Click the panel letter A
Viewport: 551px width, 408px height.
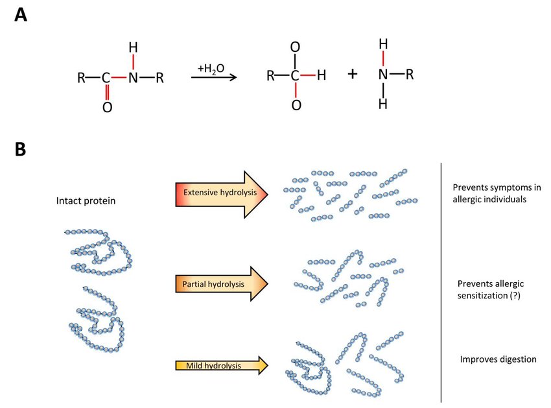[x=21, y=15]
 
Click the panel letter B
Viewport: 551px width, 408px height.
[x=20, y=149]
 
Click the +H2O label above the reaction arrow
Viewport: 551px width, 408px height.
[x=211, y=69]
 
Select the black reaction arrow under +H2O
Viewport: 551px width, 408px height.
[x=214, y=77]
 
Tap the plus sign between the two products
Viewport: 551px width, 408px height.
[x=353, y=74]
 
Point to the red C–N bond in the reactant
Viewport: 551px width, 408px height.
[x=119, y=77]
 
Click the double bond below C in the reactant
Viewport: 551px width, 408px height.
[x=107, y=92]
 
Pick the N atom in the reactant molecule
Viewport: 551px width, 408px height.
[x=133, y=77]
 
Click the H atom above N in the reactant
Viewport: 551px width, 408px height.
[x=133, y=47]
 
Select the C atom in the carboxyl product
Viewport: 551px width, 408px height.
[x=295, y=75]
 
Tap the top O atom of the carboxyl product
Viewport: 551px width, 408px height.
[x=295, y=47]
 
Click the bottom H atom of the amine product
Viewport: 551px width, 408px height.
[x=383, y=104]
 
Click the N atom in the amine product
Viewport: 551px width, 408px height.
[x=383, y=74]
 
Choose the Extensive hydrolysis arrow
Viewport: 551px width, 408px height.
[x=222, y=195]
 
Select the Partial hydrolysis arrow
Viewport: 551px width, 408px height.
[x=222, y=283]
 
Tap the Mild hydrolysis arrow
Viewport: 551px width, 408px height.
[x=222, y=365]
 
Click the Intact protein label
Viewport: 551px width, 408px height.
[x=86, y=201]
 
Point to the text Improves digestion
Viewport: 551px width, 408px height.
[x=498, y=359]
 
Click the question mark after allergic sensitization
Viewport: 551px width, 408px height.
[x=515, y=295]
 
